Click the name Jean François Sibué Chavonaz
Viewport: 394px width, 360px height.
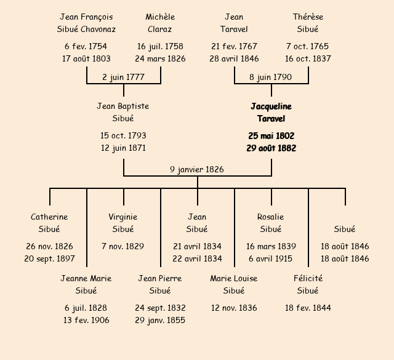tap(87, 23)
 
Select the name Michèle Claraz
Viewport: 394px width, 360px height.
tap(160, 23)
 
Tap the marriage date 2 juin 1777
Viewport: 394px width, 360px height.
tap(124, 77)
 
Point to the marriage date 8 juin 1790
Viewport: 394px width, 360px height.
tap(271, 77)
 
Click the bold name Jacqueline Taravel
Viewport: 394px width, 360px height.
tap(271, 112)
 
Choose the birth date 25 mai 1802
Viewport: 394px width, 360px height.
tap(271, 135)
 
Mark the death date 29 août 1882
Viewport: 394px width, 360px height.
tap(271, 148)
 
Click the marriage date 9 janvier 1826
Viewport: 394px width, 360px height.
tap(197, 169)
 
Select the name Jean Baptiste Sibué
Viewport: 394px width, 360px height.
tap(123, 112)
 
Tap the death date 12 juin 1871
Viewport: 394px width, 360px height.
tap(123, 148)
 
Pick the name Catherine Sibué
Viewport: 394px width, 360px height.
tap(49, 223)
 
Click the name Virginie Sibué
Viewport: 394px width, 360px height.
tap(123, 223)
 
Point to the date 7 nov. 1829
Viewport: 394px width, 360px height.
tap(123, 246)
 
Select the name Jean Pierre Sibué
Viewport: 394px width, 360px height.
tap(160, 284)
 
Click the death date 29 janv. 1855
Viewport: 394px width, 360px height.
tap(160, 320)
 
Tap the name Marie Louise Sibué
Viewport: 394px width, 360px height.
tap(234, 284)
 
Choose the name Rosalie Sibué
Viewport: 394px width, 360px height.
tap(271, 223)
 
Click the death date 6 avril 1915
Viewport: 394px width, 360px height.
tap(271, 258)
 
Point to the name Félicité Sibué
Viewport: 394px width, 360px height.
tap(308, 284)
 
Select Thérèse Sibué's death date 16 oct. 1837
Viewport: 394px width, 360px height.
tap(308, 58)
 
